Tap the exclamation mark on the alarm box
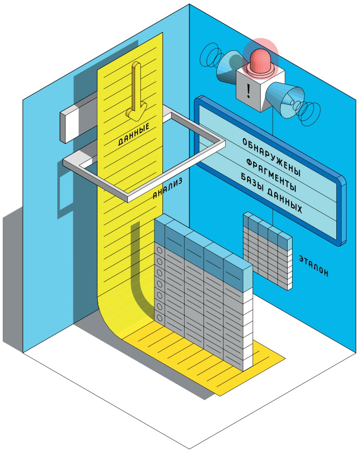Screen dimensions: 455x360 click(248, 90)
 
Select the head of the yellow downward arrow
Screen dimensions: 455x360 click(134, 114)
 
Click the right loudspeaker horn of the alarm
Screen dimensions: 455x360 click(286, 99)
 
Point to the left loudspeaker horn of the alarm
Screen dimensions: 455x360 click(227, 66)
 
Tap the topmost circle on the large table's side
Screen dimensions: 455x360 click(159, 251)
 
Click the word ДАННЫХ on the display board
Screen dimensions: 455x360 click(284, 200)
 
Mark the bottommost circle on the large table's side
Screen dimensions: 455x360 click(160, 318)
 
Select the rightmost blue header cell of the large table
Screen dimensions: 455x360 click(237, 273)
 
